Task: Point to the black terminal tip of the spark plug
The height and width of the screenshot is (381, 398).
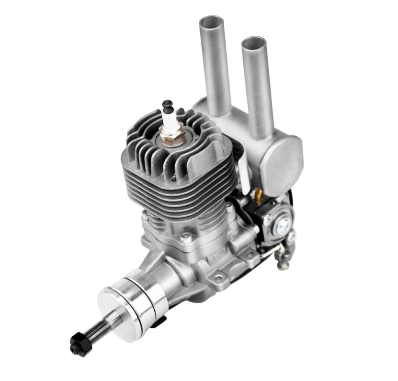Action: coord(168,106)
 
